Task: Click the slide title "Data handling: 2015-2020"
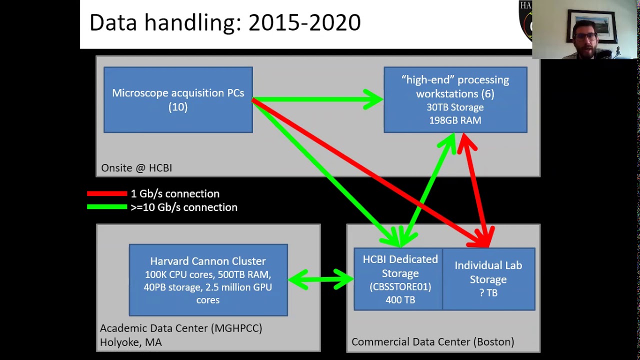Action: [x=225, y=23]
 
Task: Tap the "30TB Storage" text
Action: [x=455, y=107]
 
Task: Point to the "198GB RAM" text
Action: [x=455, y=120]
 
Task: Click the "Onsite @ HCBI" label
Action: [x=136, y=168]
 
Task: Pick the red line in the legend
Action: [x=107, y=193]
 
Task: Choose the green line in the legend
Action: [x=107, y=207]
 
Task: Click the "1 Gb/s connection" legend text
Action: [x=175, y=193]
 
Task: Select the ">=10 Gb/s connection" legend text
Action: [x=184, y=207]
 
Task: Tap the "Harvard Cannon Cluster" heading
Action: [x=208, y=261]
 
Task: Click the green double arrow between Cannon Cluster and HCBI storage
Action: [x=320, y=279]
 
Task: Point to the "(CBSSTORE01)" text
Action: [x=400, y=286]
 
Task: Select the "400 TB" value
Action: [x=400, y=300]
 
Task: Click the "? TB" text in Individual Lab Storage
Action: [x=488, y=293]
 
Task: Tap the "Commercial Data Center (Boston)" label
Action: [x=432, y=342]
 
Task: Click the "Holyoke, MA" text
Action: [x=131, y=342]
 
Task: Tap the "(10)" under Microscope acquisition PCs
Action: [x=178, y=106]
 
